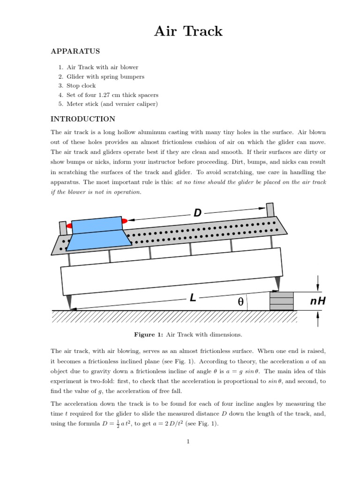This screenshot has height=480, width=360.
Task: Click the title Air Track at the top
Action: [189, 31]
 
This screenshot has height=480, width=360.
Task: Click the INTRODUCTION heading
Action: [82, 119]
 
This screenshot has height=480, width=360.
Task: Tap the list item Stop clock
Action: [81, 86]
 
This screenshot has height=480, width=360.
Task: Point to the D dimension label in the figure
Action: [197, 213]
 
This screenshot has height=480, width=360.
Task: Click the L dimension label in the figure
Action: [193, 298]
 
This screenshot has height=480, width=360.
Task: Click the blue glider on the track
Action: [99, 233]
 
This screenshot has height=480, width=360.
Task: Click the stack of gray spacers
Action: [281, 300]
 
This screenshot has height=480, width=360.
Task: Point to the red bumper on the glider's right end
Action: [124, 221]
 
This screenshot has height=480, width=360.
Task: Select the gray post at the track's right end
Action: [270, 210]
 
